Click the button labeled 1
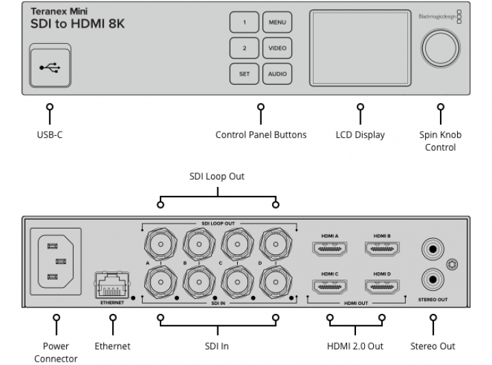245,23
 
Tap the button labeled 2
245,48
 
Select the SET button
245,74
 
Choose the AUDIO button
277,74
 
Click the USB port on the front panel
50,65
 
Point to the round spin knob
440,48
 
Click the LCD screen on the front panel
360,48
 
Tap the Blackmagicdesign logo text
437,16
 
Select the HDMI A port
330,249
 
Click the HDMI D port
382,287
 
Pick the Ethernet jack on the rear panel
112,285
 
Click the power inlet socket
56,261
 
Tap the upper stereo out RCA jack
433,249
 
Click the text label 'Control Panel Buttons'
261,134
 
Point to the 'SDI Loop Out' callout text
217,177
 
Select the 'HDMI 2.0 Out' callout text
355,346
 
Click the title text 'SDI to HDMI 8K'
77,24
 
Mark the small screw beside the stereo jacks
452,265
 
